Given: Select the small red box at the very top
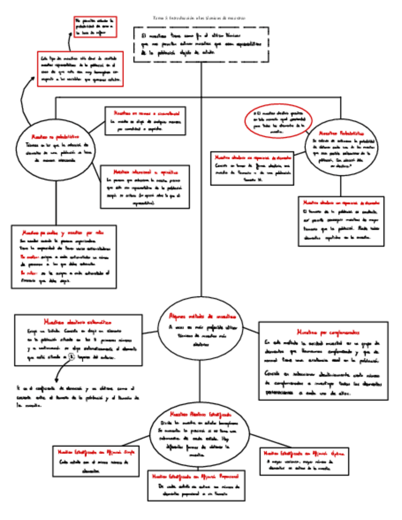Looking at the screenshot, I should (95, 27).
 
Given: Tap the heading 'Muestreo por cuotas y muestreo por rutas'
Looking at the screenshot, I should (63, 233).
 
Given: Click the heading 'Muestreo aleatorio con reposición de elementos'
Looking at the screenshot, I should (341, 202).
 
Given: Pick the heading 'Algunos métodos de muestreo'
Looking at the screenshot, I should (202, 316).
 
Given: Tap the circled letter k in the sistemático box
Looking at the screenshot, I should (72, 356).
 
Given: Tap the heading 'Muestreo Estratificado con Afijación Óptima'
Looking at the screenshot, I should (305, 453).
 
